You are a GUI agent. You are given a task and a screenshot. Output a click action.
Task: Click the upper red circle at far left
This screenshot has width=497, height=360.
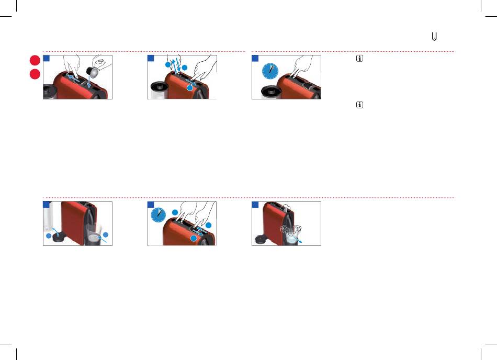point(35,60)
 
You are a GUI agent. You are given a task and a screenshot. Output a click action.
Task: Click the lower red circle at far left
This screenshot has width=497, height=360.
point(35,74)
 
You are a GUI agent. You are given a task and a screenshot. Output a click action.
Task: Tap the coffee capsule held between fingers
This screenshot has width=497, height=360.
point(93,72)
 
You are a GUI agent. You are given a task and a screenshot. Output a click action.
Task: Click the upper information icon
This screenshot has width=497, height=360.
point(359,58)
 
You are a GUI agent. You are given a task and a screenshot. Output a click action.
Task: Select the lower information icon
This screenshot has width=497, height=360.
point(359,105)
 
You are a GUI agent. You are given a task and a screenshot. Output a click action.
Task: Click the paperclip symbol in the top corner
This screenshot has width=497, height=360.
point(434,37)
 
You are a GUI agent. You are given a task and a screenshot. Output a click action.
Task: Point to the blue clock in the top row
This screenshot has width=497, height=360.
point(270,71)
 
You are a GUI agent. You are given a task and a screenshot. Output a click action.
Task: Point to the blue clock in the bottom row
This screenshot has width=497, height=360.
point(158,215)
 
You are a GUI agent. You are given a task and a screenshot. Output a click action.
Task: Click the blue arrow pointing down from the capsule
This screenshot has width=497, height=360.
point(89,82)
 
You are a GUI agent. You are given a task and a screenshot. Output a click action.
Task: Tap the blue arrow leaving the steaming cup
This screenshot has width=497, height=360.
point(297,239)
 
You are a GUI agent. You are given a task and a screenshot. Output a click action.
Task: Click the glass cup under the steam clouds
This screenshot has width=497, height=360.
point(291,238)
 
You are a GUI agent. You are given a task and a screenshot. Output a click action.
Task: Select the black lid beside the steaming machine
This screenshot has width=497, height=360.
point(262,239)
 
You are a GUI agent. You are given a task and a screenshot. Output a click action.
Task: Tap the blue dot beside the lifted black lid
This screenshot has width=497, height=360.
point(49,236)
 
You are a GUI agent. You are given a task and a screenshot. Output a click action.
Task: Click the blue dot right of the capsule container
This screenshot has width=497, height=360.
point(106,234)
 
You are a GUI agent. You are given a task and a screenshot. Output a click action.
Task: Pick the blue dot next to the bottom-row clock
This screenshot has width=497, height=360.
point(175,212)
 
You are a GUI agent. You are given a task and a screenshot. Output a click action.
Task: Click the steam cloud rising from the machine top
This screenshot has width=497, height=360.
point(286,208)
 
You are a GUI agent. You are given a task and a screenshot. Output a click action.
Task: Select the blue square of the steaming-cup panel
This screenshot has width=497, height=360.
point(255,205)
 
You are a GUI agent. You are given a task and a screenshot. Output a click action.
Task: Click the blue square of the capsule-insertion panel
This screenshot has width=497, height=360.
point(47,58)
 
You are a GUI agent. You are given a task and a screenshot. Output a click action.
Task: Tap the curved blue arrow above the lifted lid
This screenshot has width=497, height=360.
point(55,230)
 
